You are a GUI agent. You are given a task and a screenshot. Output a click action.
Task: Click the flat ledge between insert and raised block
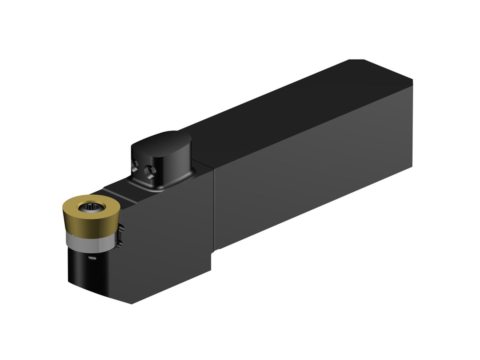[114, 188]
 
